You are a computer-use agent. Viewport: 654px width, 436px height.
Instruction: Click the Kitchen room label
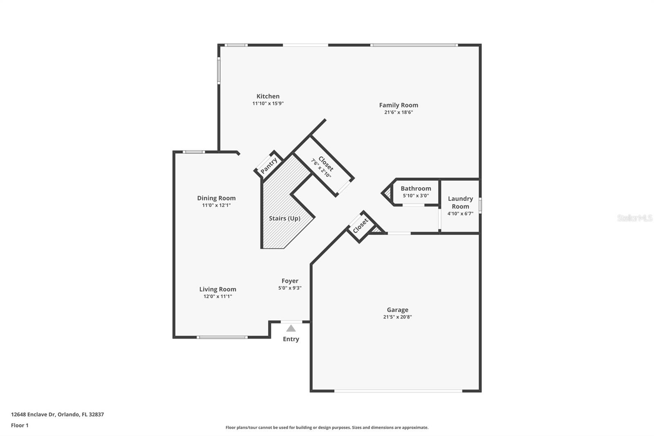tap(268, 97)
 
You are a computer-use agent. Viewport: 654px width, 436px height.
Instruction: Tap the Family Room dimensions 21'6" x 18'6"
tap(399, 112)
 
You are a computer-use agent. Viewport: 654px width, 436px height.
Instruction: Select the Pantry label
tap(269, 166)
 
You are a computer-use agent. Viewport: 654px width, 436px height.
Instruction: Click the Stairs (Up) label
tap(284, 218)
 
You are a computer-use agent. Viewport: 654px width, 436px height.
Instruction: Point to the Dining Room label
tap(216, 198)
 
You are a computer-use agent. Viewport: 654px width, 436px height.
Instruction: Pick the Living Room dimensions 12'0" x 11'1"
tap(218, 297)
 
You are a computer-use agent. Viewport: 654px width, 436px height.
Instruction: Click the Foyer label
tap(290, 281)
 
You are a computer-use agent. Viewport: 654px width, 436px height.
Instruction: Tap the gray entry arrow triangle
tap(291, 328)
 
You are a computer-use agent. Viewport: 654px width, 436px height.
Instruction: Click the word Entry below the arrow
tap(291, 339)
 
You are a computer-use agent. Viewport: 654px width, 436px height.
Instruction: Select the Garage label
tap(397, 310)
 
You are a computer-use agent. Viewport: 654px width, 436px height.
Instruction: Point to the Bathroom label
tap(416, 189)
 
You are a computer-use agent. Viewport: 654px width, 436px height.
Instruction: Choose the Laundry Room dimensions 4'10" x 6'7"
tap(460, 214)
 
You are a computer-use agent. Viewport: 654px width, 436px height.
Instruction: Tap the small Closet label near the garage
tap(361, 226)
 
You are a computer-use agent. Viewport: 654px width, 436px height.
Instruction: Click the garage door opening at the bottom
tap(398, 391)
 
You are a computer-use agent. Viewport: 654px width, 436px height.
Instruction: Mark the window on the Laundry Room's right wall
tap(480, 205)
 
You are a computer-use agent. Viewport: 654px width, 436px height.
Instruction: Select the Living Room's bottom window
tap(222, 337)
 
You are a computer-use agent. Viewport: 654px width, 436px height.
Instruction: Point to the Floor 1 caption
tap(20, 425)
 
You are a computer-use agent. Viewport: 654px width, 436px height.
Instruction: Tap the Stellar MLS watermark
tap(634, 218)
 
